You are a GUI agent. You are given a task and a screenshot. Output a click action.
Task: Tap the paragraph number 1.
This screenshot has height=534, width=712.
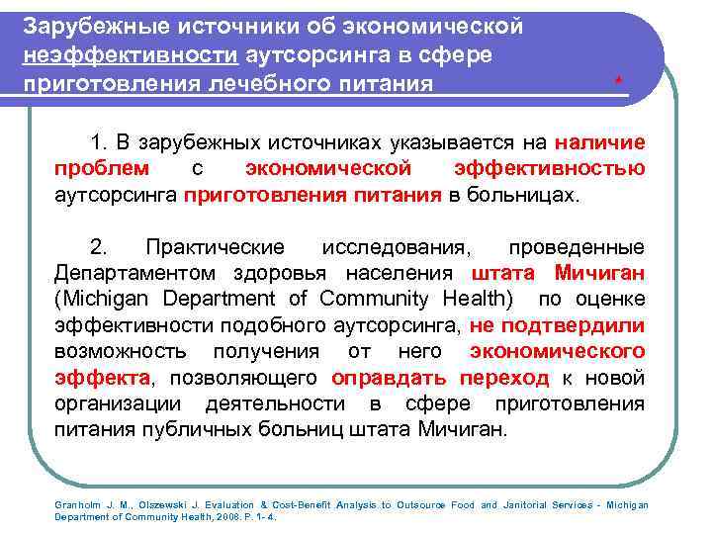[96, 142]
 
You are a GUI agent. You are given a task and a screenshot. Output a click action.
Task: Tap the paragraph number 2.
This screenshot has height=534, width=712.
[97, 246]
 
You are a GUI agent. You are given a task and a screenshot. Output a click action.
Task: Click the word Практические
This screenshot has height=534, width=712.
[215, 246]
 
